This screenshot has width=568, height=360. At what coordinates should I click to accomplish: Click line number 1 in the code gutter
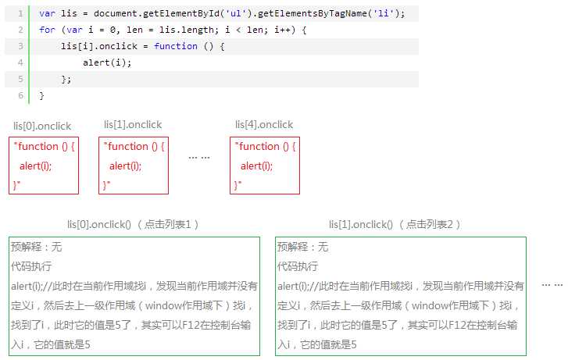(x=20, y=14)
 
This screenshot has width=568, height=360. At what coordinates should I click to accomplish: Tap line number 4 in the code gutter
(x=20, y=62)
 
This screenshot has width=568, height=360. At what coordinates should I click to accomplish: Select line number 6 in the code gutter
(x=20, y=95)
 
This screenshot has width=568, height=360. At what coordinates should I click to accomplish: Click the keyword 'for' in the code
(x=48, y=30)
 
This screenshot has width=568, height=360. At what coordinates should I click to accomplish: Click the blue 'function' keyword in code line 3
(x=176, y=46)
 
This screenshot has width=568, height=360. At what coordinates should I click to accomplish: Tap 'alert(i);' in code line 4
(x=107, y=62)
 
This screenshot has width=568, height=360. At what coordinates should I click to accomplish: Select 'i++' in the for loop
(x=282, y=30)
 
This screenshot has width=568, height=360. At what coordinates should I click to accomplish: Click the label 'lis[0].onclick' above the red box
(x=42, y=126)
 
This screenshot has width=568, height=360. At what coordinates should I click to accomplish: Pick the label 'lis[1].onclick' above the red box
(x=133, y=125)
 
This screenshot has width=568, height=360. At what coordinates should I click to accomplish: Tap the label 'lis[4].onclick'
(x=264, y=125)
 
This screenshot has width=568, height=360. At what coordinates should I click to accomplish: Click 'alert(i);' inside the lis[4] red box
(x=256, y=166)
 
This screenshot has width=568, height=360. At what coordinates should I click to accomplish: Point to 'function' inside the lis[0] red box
(x=38, y=146)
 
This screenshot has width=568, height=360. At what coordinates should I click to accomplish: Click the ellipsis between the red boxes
(x=199, y=158)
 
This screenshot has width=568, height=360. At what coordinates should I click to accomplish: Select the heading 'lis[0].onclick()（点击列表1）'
(x=133, y=225)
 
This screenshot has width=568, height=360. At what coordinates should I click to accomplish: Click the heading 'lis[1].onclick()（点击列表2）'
(x=395, y=225)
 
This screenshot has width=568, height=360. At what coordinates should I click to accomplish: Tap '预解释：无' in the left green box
(x=37, y=247)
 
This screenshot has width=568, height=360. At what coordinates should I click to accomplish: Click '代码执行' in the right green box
(x=298, y=266)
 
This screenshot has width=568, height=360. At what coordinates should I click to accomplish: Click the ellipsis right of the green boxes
(x=552, y=285)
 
